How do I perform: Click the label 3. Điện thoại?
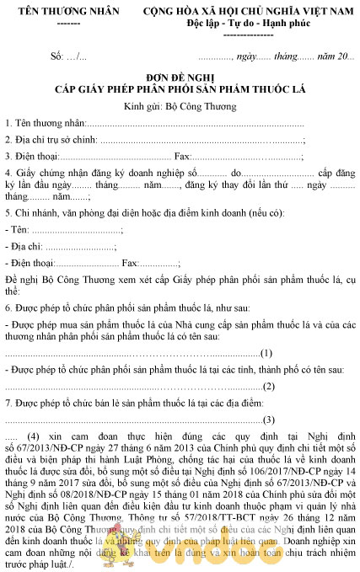tap(31, 156)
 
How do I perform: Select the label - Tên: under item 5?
tap(17, 229)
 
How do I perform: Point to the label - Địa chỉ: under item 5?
tap(24, 246)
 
